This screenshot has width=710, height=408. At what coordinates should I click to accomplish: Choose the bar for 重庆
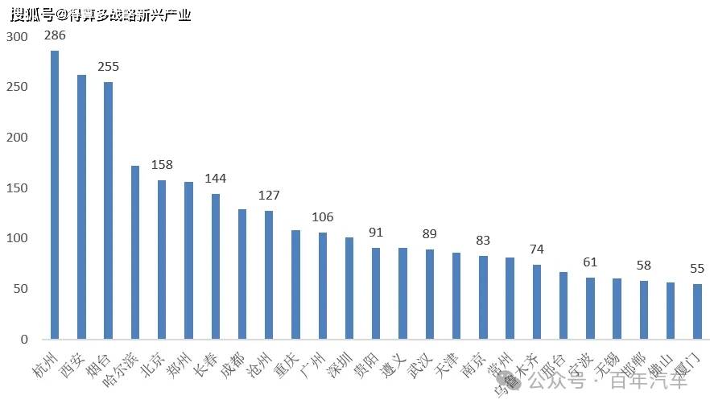(x=295, y=285)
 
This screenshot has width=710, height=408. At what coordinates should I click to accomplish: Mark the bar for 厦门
(x=697, y=311)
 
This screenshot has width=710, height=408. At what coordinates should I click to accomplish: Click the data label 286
(x=55, y=35)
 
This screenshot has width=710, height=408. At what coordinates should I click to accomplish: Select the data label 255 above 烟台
(x=108, y=67)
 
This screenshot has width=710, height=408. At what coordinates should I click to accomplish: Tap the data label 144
(x=215, y=179)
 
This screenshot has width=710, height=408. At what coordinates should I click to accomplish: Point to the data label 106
(x=322, y=217)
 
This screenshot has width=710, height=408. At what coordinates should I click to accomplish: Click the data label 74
(x=537, y=249)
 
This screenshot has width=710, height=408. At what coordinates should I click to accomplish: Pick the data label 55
(x=697, y=269)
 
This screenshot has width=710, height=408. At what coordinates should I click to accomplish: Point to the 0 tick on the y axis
(x=23, y=340)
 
